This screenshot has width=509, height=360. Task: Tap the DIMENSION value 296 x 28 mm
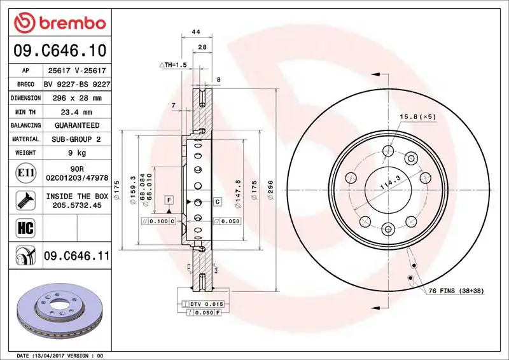[72, 98]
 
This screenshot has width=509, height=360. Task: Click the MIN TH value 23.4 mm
[72, 112]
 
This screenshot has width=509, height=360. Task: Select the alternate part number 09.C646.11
[76, 256]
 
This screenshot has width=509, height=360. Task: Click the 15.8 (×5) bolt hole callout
[417, 117]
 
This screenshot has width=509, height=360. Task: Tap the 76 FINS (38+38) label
[456, 290]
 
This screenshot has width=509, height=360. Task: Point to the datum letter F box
[169, 200]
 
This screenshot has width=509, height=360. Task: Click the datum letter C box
[218, 202]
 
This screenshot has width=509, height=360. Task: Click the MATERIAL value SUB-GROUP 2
[76, 139]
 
